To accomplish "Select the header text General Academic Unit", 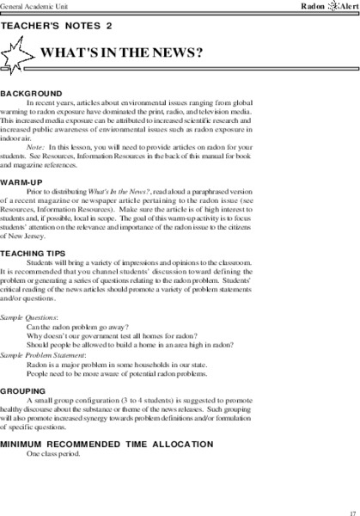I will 38,5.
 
